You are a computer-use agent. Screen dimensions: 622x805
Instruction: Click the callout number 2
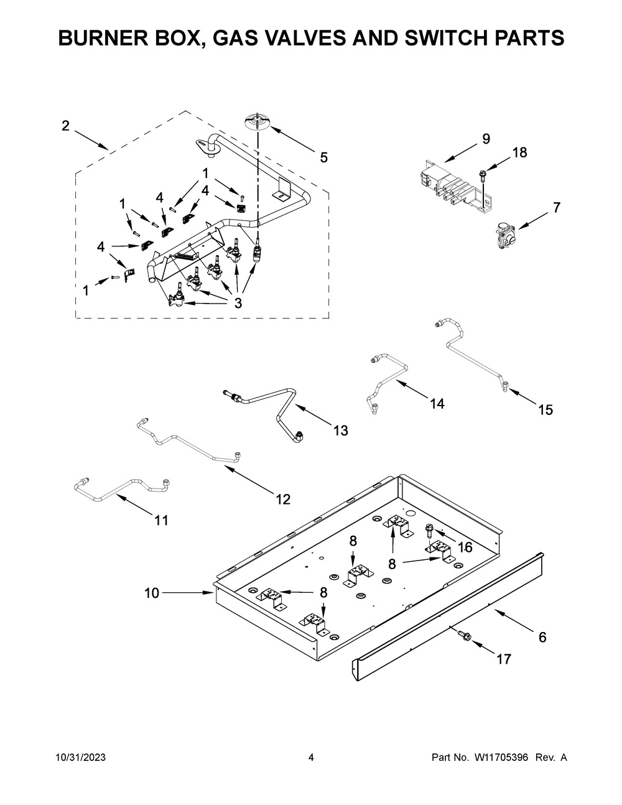pyautogui.click(x=65, y=126)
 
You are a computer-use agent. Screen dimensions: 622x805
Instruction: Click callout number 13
pyautogui.click(x=341, y=430)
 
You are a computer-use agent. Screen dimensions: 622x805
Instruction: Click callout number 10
pyautogui.click(x=151, y=593)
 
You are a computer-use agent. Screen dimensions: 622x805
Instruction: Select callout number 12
pyautogui.click(x=283, y=500)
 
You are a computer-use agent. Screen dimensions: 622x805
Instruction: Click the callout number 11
pyautogui.click(x=160, y=521)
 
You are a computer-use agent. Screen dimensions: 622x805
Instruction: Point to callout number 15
pyautogui.click(x=545, y=410)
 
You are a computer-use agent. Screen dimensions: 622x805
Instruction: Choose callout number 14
pyautogui.click(x=437, y=403)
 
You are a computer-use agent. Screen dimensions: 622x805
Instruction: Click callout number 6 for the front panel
pyautogui.click(x=542, y=637)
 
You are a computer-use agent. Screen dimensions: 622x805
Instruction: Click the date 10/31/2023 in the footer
pyautogui.click(x=81, y=768)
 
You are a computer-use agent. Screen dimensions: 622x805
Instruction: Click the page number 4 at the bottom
pyautogui.click(x=311, y=768)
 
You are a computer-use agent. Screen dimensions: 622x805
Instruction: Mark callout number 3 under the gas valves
pyautogui.click(x=238, y=303)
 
